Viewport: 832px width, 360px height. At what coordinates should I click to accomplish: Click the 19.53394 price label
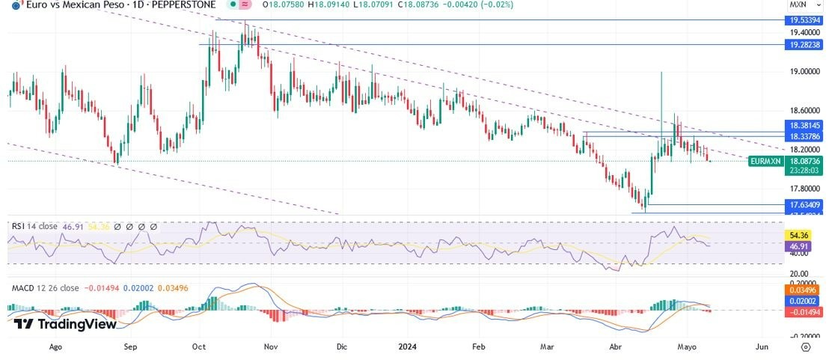pyautogui.click(x=805, y=21)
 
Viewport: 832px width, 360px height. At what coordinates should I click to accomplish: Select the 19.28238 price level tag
pyautogui.click(x=805, y=45)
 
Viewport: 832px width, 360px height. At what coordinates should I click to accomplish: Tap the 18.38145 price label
pyautogui.click(x=805, y=126)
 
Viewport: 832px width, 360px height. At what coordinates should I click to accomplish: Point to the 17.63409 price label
pyautogui.click(x=805, y=204)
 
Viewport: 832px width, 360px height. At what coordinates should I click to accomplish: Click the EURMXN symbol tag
pyautogui.click(x=765, y=161)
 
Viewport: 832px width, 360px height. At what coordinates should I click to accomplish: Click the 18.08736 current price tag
pyautogui.click(x=805, y=161)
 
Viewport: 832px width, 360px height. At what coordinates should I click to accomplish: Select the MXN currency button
pyautogui.click(x=798, y=4)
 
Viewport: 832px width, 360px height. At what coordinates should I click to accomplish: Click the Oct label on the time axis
pyautogui.click(x=199, y=347)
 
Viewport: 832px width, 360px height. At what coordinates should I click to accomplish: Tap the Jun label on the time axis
pyautogui.click(x=762, y=347)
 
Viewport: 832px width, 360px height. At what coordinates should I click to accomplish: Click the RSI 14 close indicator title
pyautogui.click(x=32, y=225)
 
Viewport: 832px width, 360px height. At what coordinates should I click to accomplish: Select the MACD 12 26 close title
pyautogui.click(x=43, y=287)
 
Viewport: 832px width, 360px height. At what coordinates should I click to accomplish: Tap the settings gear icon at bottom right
pyautogui.click(x=805, y=347)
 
